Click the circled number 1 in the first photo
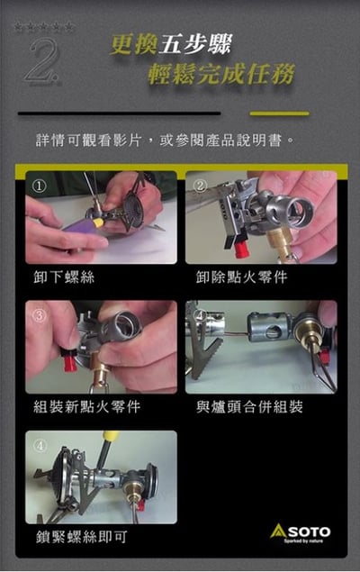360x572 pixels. tap(39, 186)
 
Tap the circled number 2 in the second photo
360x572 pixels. tap(200, 186)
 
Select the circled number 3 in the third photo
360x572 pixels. tap(39, 315)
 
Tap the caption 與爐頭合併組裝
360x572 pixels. tap(249, 407)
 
